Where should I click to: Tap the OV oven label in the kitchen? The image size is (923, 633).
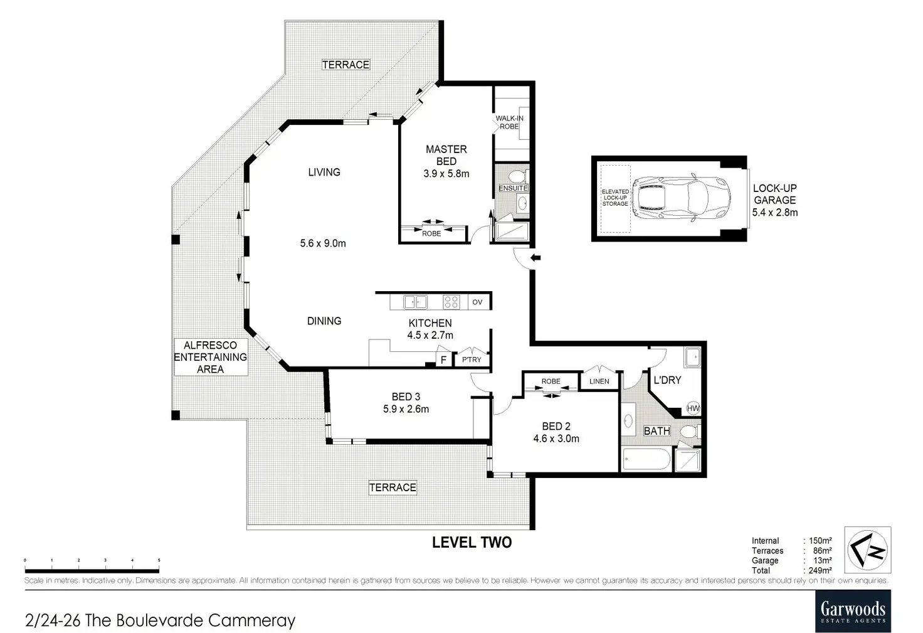[x=477, y=302]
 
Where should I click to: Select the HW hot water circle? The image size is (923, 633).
[x=693, y=408]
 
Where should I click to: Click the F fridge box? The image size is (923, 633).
[x=443, y=359]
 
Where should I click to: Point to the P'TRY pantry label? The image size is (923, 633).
[x=472, y=359]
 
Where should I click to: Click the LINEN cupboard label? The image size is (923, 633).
[x=599, y=381]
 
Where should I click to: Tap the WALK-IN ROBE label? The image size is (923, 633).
[x=509, y=122]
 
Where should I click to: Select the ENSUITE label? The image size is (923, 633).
[x=513, y=188]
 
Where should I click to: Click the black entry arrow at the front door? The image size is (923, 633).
[x=535, y=258]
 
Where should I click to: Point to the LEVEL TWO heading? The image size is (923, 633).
[x=472, y=542]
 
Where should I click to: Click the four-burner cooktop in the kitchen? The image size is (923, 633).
[x=451, y=302]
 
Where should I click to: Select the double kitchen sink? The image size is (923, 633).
[x=415, y=302]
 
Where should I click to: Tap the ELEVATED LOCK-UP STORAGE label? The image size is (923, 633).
[x=615, y=198]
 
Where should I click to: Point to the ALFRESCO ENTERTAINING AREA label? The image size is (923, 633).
[x=211, y=357]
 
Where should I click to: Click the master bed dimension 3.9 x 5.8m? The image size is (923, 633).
[x=446, y=174]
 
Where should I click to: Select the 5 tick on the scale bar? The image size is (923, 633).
[x=159, y=560]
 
